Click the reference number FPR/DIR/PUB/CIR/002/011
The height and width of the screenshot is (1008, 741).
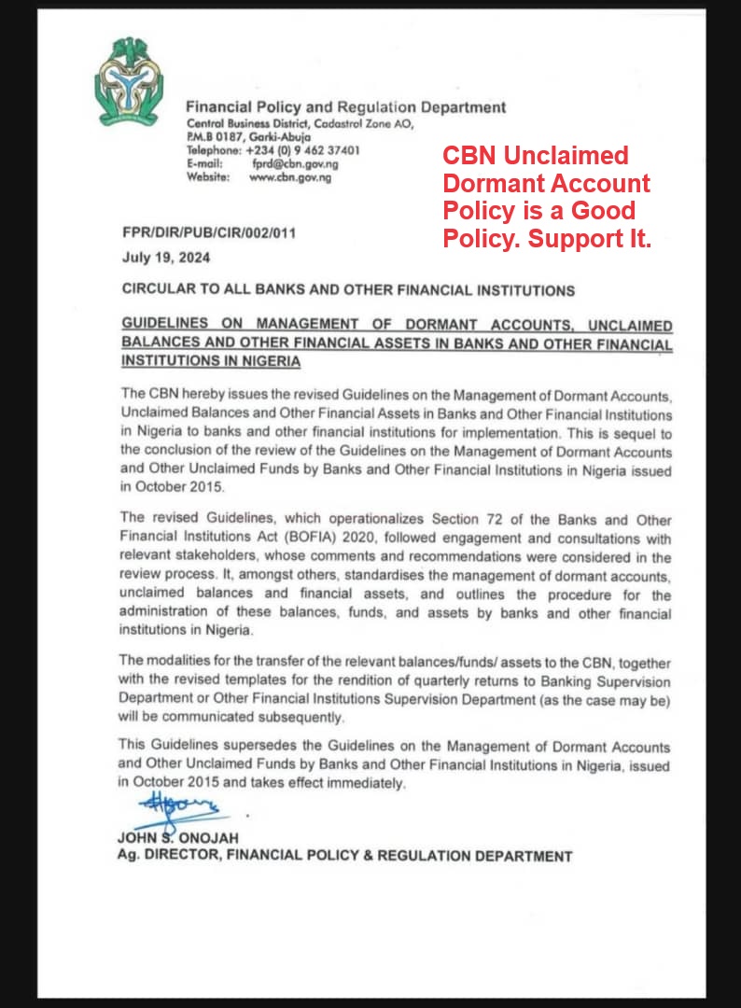(x=209, y=233)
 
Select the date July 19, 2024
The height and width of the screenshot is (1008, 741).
(x=166, y=258)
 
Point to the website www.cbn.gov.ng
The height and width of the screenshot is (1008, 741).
(x=290, y=177)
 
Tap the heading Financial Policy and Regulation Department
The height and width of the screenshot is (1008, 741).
(x=346, y=107)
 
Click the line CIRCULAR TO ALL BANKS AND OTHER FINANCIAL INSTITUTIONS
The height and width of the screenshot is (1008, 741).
(x=348, y=290)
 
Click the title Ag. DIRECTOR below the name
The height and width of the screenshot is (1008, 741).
(x=168, y=855)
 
